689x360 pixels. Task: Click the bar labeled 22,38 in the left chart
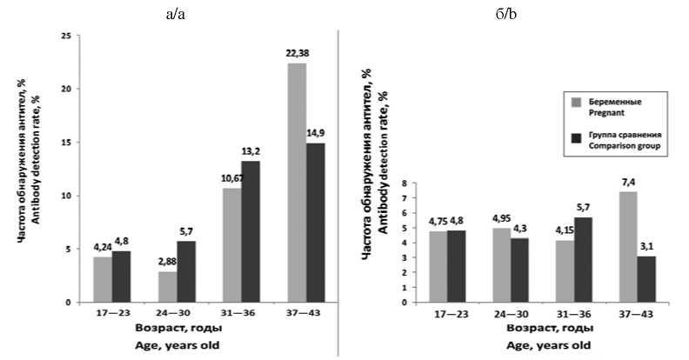pyautogui.click(x=297, y=183)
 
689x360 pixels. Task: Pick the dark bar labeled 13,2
pyautogui.click(x=251, y=231)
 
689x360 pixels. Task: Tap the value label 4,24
pyautogui.click(x=101, y=248)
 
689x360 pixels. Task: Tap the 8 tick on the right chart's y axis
pyautogui.click(x=404, y=184)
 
